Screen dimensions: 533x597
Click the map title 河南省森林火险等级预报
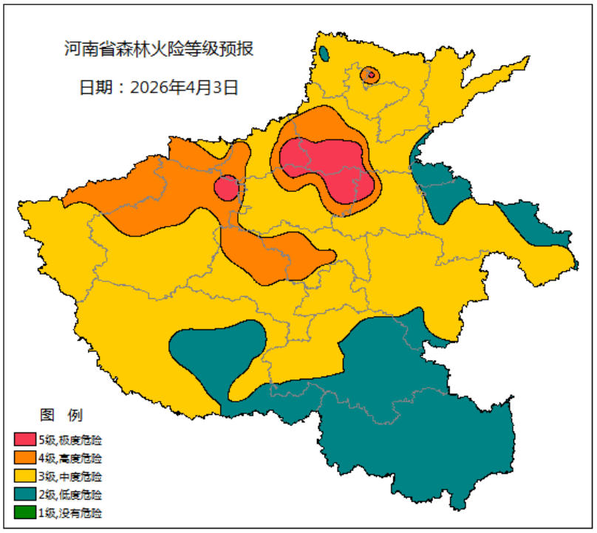(159, 49)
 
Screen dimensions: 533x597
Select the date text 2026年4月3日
(184, 86)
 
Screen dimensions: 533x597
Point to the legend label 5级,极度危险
(71, 441)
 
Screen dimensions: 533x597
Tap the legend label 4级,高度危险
(71, 458)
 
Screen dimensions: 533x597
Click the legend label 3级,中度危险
(71, 476)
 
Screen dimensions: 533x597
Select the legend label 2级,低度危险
(71, 494)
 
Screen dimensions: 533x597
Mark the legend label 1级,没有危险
(71, 512)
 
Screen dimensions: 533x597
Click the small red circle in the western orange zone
(227, 188)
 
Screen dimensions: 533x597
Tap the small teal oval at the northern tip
(324, 53)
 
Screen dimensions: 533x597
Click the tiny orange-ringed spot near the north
(370, 74)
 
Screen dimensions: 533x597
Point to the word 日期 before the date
(97, 86)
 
